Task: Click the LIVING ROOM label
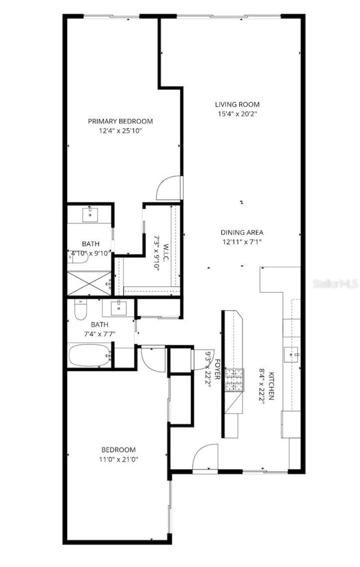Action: (x=237, y=104)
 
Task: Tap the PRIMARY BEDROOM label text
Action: (x=120, y=121)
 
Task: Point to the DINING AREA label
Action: (x=242, y=232)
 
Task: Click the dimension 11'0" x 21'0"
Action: (x=118, y=460)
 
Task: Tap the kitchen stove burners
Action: (x=234, y=380)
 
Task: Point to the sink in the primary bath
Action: (x=90, y=215)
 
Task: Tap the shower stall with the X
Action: (x=89, y=283)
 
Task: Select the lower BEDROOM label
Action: (x=118, y=450)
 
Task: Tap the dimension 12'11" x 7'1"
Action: (x=242, y=242)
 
